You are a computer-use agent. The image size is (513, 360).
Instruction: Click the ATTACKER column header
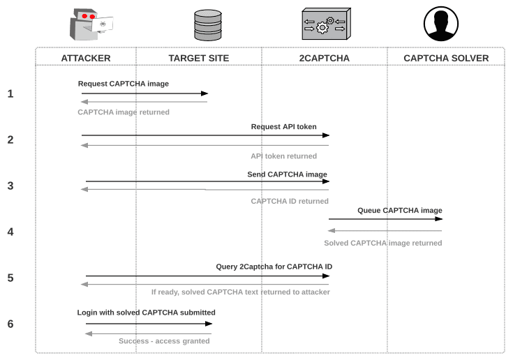click(x=86, y=57)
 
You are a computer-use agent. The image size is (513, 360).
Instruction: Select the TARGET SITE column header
click(x=198, y=57)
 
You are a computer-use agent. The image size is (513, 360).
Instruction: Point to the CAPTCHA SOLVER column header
click(x=445, y=57)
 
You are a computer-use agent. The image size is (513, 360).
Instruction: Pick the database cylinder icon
click(x=207, y=24)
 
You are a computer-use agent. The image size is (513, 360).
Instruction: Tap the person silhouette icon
click(x=440, y=24)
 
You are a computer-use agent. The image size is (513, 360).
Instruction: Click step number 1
click(x=10, y=93)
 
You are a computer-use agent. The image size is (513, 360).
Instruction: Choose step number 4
click(x=10, y=232)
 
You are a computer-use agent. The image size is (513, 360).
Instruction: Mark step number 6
click(x=10, y=324)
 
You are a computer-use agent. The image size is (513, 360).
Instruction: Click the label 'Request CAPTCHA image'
click(x=124, y=84)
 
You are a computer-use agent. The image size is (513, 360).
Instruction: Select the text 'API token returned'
click(x=283, y=156)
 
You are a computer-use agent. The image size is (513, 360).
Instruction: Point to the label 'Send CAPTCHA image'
click(x=287, y=174)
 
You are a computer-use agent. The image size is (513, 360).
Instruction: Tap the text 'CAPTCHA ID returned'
click(x=290, y=201)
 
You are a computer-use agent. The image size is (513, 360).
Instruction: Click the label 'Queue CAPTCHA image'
click(x=400, y=210)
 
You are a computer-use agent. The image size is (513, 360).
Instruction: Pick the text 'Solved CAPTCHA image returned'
click(x=382, y=243)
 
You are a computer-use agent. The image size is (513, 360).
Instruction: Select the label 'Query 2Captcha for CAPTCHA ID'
click(x=274, y=267)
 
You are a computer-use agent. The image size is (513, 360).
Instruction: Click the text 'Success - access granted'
click(x=164, y=340)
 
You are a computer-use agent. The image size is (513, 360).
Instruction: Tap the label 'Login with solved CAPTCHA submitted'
click(x=146, y=313)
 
